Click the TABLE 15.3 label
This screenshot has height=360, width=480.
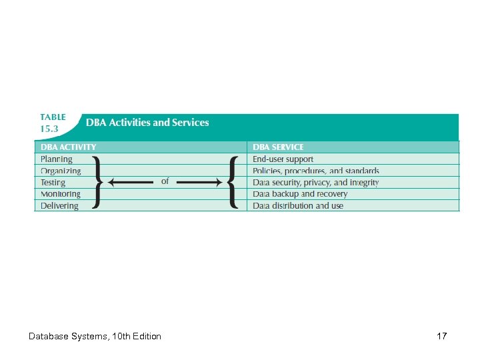(x=53, y=123)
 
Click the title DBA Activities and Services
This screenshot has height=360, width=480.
(x=147, y=123)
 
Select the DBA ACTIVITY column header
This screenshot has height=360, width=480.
(x=69, y=147)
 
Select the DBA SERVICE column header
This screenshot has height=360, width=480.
(x=278, y=147)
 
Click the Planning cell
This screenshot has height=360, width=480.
(x=57, y=159)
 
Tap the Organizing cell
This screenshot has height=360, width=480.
(x=61, y=171)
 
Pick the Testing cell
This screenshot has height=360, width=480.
(x=53, y=183)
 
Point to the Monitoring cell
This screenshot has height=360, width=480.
(x=61, y=194)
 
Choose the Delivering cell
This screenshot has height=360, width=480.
(x=59, y=206)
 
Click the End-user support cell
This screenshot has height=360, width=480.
(x=283, y=159)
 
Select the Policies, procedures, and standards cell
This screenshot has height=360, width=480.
(x=315, y=171)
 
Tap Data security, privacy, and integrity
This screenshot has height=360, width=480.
(x=315, y=183)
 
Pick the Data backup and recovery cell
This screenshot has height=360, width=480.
(x=300, y=194)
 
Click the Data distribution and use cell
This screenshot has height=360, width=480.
(x=298, y=206)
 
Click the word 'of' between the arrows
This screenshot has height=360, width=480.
(x=165, y=181)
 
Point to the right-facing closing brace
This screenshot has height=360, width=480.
(x=97, y=182)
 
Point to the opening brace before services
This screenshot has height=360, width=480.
(x=233, y=182)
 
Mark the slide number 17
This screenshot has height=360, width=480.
(x=441, y=336)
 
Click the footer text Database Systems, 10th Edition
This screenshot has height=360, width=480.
(x=95, y=336)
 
